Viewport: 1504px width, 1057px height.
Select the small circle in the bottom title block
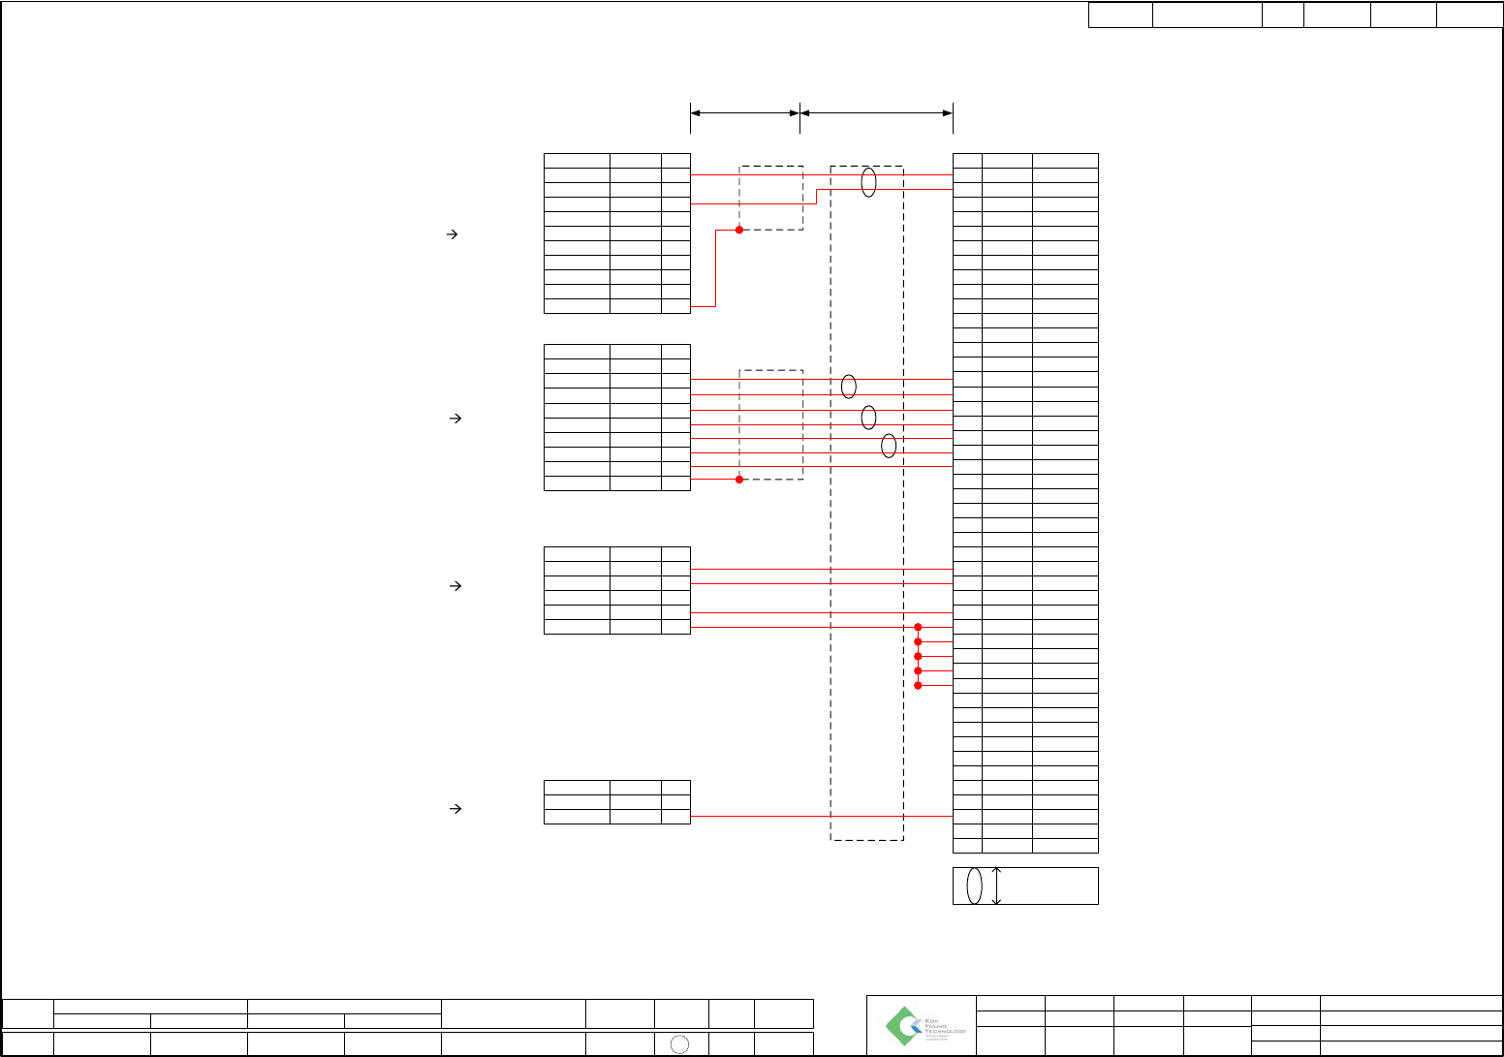point(680,1043)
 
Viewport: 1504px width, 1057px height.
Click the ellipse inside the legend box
point(975,886)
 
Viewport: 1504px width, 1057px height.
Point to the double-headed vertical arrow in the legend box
point(997,886)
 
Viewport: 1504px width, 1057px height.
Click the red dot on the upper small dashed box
point(739,230)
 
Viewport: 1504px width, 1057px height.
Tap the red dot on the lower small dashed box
point(739,479)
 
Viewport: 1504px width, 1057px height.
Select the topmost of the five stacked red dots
point(918,627)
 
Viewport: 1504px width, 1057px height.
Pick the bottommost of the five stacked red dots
point(918,686)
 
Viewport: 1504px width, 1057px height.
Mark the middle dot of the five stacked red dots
point(918,656)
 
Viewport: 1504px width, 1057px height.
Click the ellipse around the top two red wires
point(868,182)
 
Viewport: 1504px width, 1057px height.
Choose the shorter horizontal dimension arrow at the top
point(744,113)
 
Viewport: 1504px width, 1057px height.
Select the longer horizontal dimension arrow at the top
point(876,113)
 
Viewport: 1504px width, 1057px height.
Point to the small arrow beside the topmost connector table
point(451,233)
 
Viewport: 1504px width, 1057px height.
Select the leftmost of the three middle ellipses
point(849,387)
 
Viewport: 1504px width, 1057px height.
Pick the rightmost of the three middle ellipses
point(889,446)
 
